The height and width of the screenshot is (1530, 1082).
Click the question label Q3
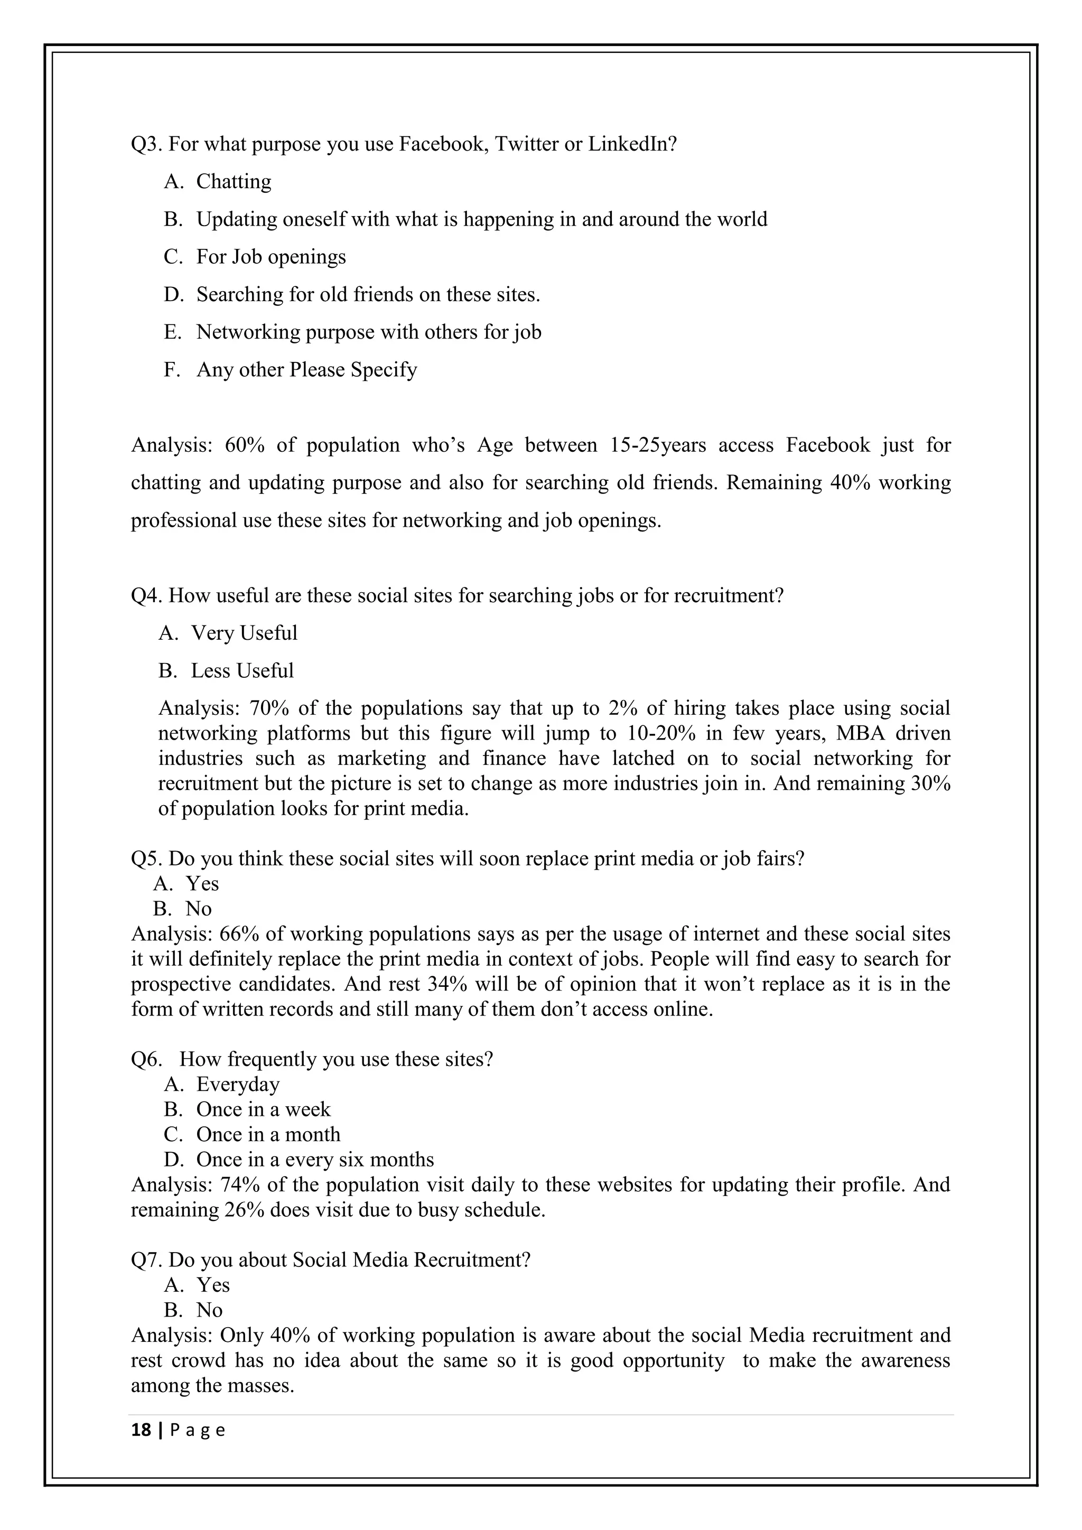point(146,144)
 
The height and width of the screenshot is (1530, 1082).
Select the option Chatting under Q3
point(233,182)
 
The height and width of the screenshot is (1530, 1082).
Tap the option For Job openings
point(270,257)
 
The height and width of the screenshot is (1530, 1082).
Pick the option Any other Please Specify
point(306,370)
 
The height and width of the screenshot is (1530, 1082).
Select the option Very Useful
point(244,633)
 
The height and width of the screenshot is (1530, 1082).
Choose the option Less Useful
point(242,671)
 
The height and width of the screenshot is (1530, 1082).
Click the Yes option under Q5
point(202,884)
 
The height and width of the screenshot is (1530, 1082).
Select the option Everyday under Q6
point(237,1085)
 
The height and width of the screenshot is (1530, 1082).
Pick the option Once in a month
point(268,1135)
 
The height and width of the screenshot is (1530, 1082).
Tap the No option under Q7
point(209,1311)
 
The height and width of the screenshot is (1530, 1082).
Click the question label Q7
point(146,1261)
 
